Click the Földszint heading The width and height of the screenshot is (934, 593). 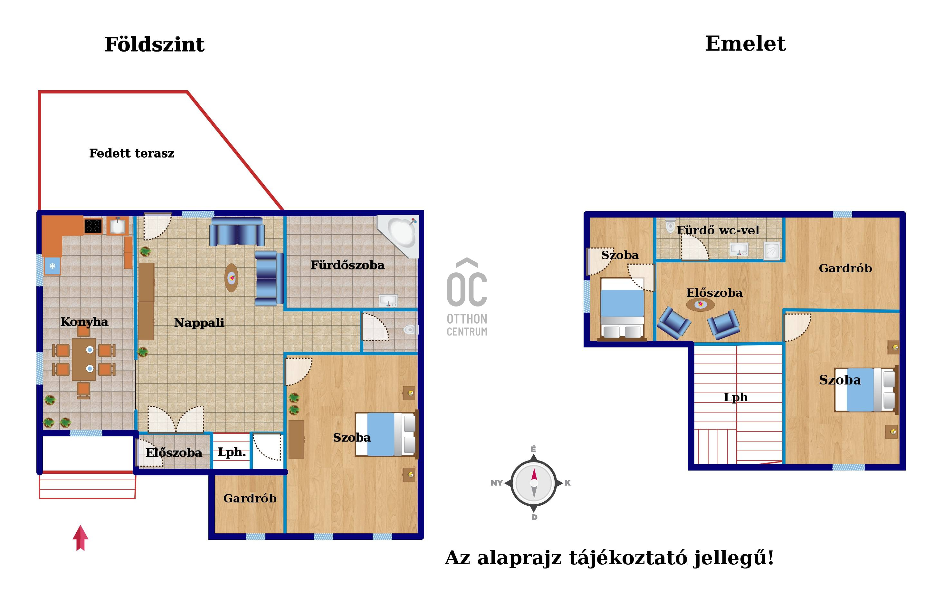[x=154, y=44]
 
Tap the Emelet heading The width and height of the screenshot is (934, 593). [x=745, y=44]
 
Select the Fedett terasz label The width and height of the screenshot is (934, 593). [x=132, y=153]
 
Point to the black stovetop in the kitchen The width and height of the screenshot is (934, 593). [x=93, y=226]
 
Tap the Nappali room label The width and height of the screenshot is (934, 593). [x=199, y=323]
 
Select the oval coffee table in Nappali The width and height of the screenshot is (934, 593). [x=232, y=277]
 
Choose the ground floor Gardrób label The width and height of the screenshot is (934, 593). [x=250, y=498]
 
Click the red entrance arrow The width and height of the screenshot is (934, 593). [x=81, y=538]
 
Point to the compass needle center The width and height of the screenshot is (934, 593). [x=534, y=483]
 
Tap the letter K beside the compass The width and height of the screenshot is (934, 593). [x=567, y=483]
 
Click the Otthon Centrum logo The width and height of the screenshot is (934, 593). [x=467, y=297]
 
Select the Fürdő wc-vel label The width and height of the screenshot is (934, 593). [x=718, y=230]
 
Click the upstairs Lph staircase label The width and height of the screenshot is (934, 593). [x=736, y=397]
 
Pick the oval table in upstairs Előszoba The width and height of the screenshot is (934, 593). [x=700, y=304]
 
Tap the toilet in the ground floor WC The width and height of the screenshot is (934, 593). [x=411, y=330]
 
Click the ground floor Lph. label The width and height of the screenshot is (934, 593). [x=232, y=452]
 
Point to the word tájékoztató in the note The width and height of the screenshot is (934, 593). [x=628, y=558]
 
